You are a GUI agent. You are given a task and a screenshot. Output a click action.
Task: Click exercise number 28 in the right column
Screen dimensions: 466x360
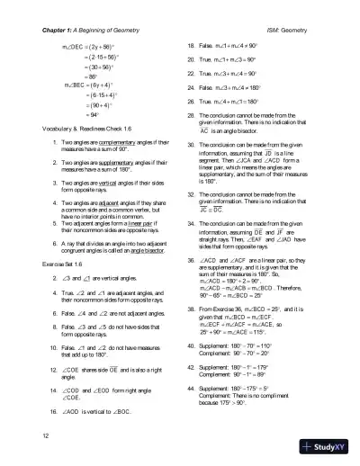pyautogui.click(x=191, y=116)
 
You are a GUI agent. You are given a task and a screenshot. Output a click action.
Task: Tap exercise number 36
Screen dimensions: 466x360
pyautogui.click(x=191, y=234)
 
